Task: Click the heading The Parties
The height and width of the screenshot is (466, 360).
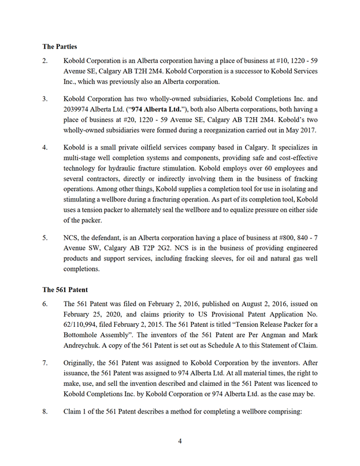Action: [60, 46]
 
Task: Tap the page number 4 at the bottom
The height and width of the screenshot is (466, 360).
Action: [180, 441]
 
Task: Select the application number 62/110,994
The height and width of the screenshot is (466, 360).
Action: [87, 325]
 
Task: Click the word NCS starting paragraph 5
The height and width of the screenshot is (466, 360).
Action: [72, 237]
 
